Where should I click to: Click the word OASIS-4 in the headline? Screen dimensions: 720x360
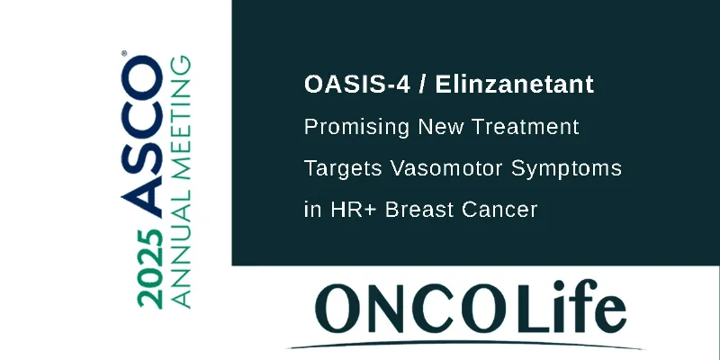(356, 85)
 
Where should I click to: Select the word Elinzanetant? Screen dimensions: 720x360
(515, 85)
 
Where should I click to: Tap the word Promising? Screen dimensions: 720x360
(356, 128)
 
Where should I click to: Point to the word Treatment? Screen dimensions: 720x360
(526, 127)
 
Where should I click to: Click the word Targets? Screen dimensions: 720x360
(343, 169)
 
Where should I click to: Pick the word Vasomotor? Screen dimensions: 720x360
(445, 168)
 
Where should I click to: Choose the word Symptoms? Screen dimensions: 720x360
(567, 169)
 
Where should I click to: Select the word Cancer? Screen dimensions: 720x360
(499, 211)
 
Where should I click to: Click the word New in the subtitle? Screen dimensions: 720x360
(440, 127)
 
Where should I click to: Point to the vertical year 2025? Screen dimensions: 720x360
(150, 268)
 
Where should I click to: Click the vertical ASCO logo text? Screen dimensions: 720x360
(142, 137)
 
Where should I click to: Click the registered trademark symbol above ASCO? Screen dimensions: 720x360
(124, 53)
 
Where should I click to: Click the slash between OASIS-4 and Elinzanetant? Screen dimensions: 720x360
(422, 85)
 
